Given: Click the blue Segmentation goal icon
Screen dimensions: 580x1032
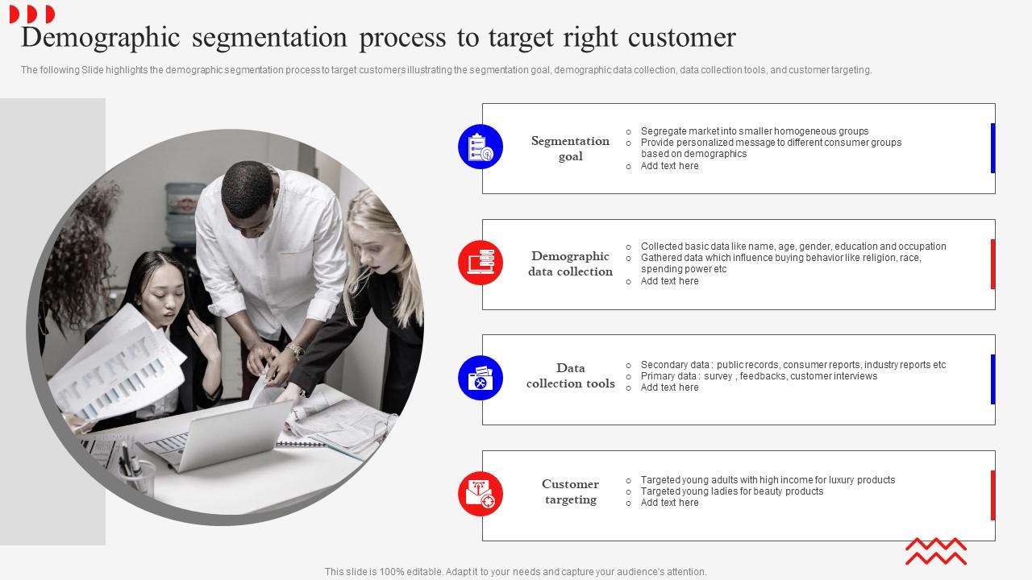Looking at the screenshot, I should [x=481, y=147].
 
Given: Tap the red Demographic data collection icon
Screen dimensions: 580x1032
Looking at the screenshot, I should [x=481, y=263].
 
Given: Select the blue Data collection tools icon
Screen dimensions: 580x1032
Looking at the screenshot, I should [x=481, y=378].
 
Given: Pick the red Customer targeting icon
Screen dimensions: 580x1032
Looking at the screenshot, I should [x=481, y=494].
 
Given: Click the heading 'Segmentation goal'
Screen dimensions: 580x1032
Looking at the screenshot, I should [x=570, y=148].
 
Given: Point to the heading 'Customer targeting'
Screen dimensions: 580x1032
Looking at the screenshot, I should [x=570, y=491].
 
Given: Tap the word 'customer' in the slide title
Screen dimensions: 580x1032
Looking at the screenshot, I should [x=680, y=38].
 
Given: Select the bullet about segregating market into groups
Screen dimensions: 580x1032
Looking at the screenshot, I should [x=754, y=131].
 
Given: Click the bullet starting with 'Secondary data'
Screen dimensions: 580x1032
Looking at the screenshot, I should [x=793, y=365].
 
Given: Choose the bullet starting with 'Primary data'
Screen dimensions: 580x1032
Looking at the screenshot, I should [x=758, y=376].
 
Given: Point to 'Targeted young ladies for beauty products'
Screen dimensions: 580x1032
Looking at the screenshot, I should [x=731, y=491].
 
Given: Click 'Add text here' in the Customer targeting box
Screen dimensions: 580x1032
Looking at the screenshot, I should [x=669, y=503].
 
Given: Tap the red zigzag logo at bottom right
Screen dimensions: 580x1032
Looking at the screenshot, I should [x=935, y=551].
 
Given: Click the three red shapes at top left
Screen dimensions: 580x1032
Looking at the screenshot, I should [x=32, y=14].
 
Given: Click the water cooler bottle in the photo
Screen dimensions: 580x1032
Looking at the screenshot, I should [x=185, y=206].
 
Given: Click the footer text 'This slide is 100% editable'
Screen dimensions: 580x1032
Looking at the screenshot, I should [x=515, y=572].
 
